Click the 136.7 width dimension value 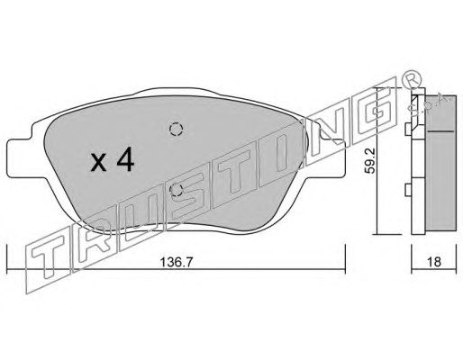click(x=176, y=263)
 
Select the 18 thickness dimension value click(x=433, y=262)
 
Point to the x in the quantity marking click(x=99, y=164)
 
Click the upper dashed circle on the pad click(x=177, y=130)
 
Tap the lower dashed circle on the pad click(x=177, y=190)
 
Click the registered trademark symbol click(x=411, y=78)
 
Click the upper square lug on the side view click(x=408, y=130)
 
